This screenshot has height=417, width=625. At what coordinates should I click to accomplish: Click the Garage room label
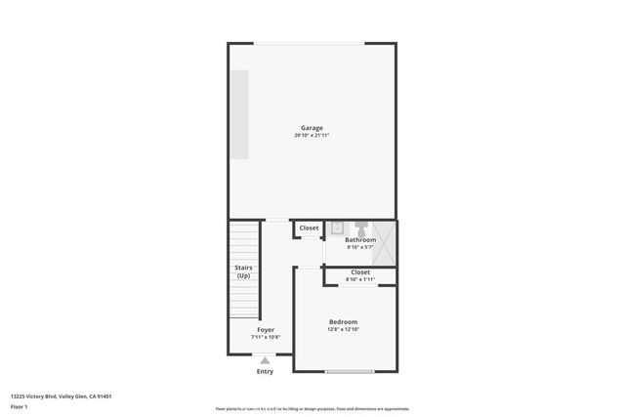pyautogui.click(x=312, y=128)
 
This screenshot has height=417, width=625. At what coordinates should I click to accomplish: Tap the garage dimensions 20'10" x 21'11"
pyautogui.click(x=312, y=136)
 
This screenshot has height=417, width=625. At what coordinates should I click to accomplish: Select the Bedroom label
pyautogui.click(x=343, y=322)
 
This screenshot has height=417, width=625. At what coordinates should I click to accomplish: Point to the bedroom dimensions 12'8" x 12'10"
pyautogui.click(x=343, y=330)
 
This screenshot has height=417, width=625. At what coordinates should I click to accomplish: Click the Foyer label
pyautogui.click(x=266, y=330)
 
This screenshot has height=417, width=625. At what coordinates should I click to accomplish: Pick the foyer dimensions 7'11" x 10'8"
pyautogui.click(x=266, y=338)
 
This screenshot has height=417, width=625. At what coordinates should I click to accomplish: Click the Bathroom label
pyautogui.click(x=359, y=239)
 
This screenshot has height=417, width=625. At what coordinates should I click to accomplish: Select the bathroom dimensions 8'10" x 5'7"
pyautogui.click(x=359, y=247)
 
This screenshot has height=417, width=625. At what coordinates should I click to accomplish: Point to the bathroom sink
pyautogui.click(x=334, y=229)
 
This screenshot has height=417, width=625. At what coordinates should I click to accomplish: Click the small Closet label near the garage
pyautogui.click(x=309, y=228)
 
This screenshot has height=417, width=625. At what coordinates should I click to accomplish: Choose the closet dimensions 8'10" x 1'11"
pyautogui.click(x=359, y=280)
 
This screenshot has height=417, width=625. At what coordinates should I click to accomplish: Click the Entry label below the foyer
pyautogui.click(x=266, y=371)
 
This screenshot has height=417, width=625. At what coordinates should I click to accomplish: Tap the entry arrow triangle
pyautogui.click(x=266, y=359)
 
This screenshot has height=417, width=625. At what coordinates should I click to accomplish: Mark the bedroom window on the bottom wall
pyautogui.click(x=350, y=372)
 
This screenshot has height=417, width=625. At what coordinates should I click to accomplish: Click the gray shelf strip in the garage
pyautogui.click(x=239, y=115)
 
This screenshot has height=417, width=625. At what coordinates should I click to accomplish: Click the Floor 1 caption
pyautogui.click(x=20, y=406)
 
